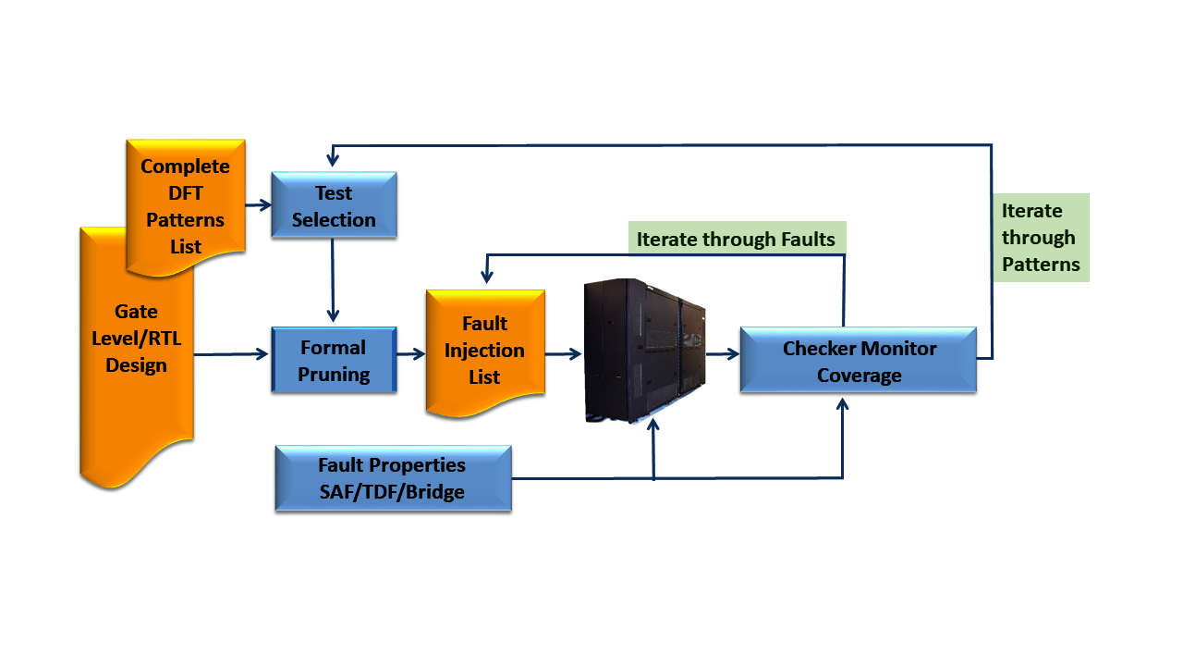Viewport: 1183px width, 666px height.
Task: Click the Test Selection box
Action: tap(334, 205)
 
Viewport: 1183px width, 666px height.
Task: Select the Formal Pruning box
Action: tap(334, 360)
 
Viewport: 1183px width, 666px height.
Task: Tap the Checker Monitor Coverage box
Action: tap(859, 360)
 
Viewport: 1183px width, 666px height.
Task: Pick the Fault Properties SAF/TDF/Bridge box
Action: tap(394, 478)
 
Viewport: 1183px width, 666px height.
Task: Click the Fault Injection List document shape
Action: tap(485, 351)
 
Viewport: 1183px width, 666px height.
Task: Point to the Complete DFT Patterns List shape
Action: tap(186, 206)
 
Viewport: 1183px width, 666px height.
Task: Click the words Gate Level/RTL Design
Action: tap(136, 339)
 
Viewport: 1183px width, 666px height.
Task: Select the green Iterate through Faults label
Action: tap(737, 239)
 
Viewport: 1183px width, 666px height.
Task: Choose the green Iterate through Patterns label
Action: tap(1041, 238)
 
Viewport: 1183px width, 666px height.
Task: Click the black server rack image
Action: tap(644, 351)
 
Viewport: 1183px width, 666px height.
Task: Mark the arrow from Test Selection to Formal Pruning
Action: tap(333, 280)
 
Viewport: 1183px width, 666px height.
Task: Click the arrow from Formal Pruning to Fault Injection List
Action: tap(411, 353)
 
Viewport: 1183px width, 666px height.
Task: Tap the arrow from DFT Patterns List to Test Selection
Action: tap(259, 204)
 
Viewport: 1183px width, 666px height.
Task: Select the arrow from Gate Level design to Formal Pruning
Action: tap(231, 354)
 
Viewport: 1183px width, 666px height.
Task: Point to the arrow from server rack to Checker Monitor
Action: tap(723, 353)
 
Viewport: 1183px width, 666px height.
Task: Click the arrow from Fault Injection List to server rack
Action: tap(564, 353)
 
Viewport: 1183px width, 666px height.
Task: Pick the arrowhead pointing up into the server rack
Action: tap(653, 425)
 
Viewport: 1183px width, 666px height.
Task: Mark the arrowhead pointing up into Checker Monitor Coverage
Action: tap(842, 404)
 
